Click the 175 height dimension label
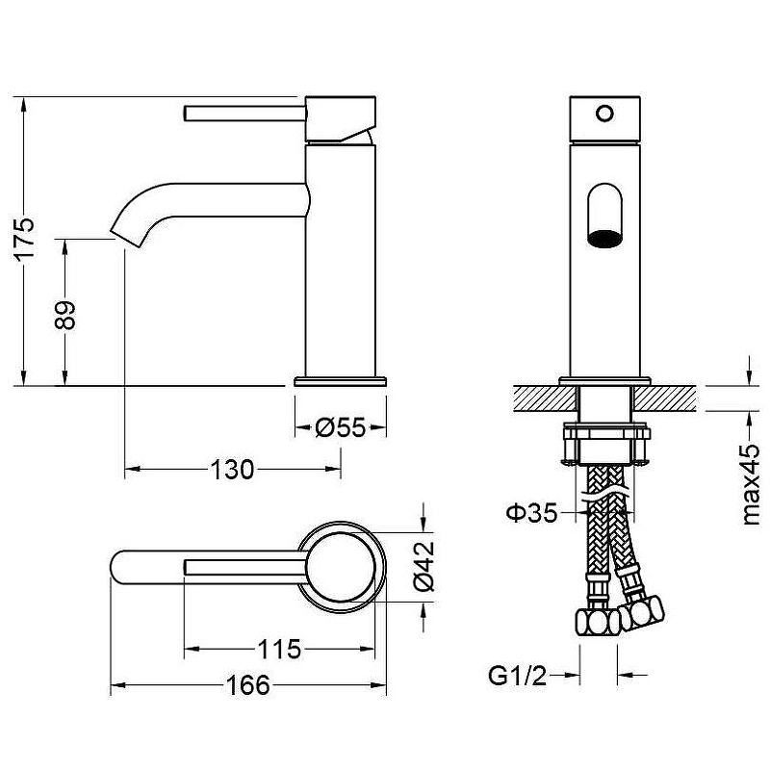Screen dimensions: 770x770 [x=25, y=238]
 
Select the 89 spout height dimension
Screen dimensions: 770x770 [x=64, y=316]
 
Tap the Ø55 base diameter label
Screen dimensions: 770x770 [x=341, y=427]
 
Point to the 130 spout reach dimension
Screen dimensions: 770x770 [x=232, y=470]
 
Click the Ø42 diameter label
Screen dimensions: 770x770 [x=423, y=566]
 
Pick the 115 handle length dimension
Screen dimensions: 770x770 [x=279, y=649]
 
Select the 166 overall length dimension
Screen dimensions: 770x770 [x=248, y=685]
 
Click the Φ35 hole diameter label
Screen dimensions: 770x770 [x=532, y=513]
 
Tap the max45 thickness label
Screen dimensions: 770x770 [x=751, y=484]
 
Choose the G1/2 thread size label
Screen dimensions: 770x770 [x=517, y=676]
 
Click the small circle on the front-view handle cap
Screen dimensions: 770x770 [x=604, y=114]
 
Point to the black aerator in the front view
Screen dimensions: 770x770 [x=604, y=238]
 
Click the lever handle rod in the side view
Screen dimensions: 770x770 [x=245, y=113]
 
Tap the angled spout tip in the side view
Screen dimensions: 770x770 [x=126, y=234]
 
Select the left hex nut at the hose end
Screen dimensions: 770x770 [x=597, y=623]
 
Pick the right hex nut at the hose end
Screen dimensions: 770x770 [x=640, y=612]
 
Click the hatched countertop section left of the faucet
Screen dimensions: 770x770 [x=545, y=398]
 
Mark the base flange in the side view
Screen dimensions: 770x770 [x=341, y=381]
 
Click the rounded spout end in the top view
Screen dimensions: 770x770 [x=116, y=567]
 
